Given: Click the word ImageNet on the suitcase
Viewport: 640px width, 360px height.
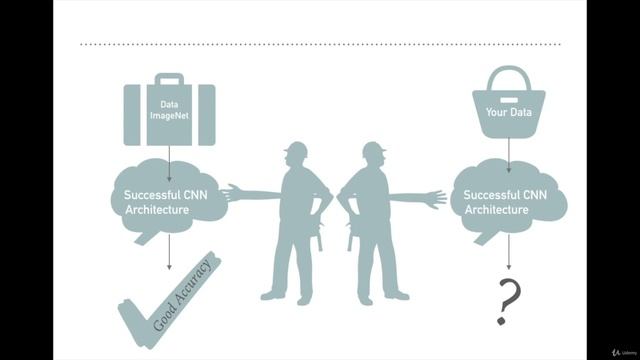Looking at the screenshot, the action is pos(169,116).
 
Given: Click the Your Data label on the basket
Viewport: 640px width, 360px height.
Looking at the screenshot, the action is pos(509,112).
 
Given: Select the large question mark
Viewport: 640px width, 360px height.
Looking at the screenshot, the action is pos(508,301).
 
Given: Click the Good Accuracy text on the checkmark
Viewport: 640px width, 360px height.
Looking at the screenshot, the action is pos(182,295).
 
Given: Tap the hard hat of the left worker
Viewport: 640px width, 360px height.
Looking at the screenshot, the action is pos(296,149).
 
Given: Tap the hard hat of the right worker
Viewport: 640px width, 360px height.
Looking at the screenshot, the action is pos(374,149).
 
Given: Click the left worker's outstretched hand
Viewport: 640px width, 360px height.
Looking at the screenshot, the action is pos(231,193).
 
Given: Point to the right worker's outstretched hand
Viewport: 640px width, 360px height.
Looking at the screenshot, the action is pos(436,199).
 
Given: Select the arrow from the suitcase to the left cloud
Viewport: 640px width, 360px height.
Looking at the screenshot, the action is pos(169,164).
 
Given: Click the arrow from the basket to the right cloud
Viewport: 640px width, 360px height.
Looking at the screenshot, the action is pos(509,156).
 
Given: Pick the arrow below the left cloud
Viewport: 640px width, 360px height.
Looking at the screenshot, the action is pos(169,252).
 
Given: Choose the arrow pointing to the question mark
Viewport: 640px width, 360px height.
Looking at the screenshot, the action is pos(509,252).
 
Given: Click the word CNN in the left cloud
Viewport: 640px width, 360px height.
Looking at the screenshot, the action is pos(196,195).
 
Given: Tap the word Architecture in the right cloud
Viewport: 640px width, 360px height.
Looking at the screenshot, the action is pos(496,210).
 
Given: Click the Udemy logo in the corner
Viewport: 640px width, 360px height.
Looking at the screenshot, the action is pos(624,352).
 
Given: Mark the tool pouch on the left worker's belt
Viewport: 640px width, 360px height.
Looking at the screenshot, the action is pos(319,236).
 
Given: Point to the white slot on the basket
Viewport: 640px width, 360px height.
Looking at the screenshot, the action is pos(509,100).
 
